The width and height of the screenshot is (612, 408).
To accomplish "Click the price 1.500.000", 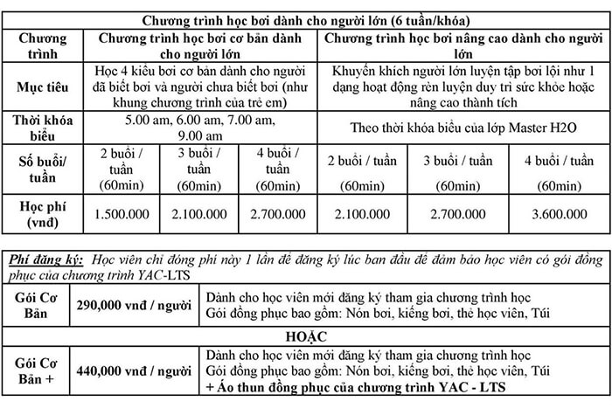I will tap(126, 213).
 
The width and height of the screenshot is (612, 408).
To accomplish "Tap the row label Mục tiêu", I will tap(44, 89).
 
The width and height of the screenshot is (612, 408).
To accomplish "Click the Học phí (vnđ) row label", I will tap(44, 212).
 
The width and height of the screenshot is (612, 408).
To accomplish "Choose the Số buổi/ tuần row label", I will tap(44, 169).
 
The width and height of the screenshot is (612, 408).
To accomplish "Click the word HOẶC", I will tap(306, 335).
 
